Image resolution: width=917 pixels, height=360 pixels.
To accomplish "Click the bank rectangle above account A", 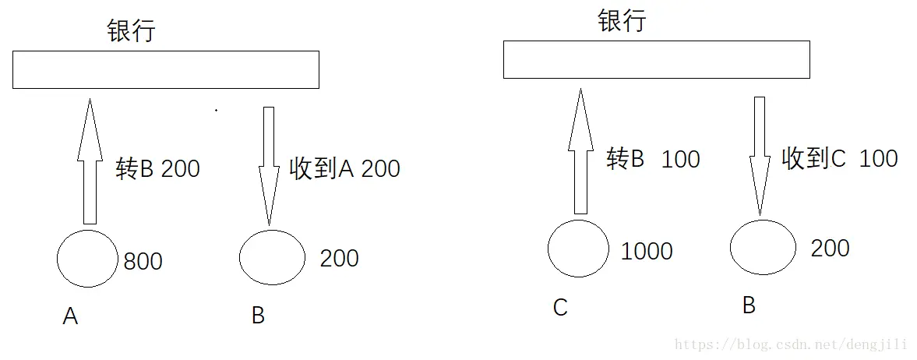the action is (165, 69).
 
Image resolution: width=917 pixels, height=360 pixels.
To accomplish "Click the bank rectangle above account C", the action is (656, 60).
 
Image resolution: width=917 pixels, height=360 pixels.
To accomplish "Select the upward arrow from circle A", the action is (90, 161).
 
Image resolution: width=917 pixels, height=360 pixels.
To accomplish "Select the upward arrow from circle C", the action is (580, 151).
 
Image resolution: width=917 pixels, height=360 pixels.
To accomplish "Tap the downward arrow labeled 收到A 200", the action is (269, 166).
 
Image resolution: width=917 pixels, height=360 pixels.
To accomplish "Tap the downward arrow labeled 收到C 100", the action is (760, 157).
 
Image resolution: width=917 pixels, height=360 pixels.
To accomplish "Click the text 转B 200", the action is (158, 169).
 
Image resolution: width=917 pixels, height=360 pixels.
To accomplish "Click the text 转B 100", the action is (653, 159).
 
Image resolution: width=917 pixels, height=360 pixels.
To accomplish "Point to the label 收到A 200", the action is (345, 169).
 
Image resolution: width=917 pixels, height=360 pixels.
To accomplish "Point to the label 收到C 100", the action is (840, 159).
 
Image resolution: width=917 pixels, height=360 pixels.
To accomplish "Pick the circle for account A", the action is (88, 258).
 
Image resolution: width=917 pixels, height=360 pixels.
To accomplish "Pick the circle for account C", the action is (578, 249).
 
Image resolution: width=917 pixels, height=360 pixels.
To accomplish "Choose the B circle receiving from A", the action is (273, 258).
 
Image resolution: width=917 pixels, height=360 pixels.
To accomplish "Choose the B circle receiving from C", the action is (763, 247).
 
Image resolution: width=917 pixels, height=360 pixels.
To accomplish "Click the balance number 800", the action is (143, 261).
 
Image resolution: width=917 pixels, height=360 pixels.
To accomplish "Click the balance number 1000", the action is (646, 251).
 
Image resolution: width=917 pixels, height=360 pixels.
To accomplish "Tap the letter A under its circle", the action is (70, 316).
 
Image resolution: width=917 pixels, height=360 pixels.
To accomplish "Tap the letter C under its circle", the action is (560, 307).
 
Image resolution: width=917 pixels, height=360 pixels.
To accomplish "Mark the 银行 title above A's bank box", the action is (132, 30).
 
